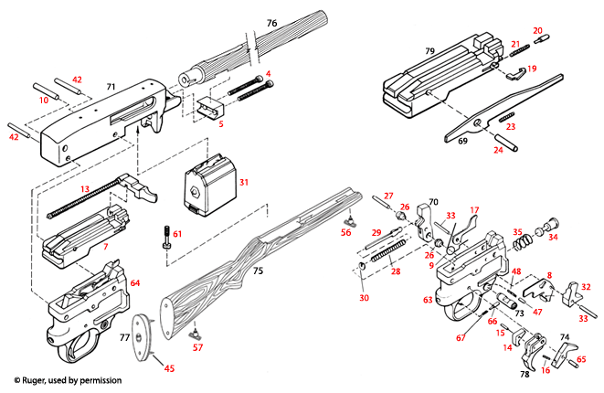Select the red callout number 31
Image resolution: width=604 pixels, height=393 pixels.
pyautogui.click(x=243, y=183)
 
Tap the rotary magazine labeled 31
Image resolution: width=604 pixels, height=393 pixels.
pyautogui.click(x=209, y=183)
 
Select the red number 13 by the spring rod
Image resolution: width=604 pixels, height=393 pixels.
pyautogui.click(x=85, y=188)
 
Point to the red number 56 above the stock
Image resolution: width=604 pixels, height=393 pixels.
pyautogui.click(x=345, y=233)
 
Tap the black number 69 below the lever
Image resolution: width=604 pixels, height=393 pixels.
pyautogui.click(x=462, y=143)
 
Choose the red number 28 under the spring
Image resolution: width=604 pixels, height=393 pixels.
pyautogui.click(x=395, y=271)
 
